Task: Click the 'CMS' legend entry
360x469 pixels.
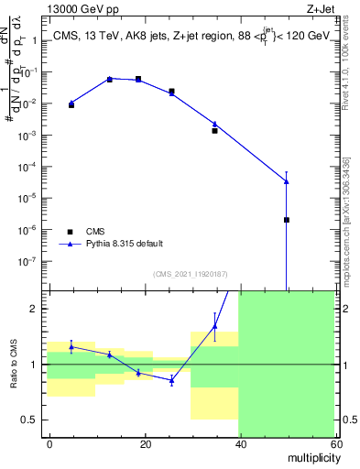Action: [96, 232]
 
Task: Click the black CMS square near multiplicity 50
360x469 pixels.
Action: [287, 220]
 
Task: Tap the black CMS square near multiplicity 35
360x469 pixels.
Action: [214, 130]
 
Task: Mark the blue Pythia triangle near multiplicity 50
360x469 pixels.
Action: [287, 180]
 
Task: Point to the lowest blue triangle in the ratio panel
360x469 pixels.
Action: [171, 379]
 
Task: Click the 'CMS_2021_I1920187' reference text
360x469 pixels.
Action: [190, 274]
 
